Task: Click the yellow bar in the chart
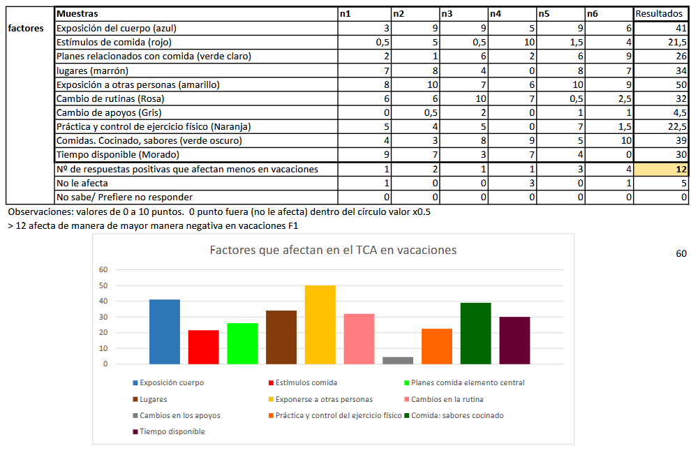pyautogui.click(x=320, y=325)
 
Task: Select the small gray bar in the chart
pyautogui.click(x=398, y=360)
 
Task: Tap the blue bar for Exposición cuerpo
pyautogui.click(x=165, y=331)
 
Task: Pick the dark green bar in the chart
pyautogui.click(x=475, y=334)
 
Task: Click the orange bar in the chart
pyautogui.click(x=437, y=346)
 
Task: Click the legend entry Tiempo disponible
pyautogui.click(x=169, y=432)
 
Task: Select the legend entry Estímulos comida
pyautogui.click(x=303, y=382)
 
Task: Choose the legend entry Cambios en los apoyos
pyautogui.click(x=177, y=415)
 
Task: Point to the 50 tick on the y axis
pyautogui.click(x=103, y=285)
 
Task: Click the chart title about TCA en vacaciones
pyautogui.click(x=333, y=251)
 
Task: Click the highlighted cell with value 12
pyautogui.click(x=661, y=169)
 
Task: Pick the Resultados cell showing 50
pyautogui.click(x=661, y=84)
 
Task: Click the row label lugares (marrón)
pyautogui.click(x=93, y=70)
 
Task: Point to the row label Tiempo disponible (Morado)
pyautogui.click(x=118, y=155)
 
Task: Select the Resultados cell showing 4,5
pyautogui.click(x=661, y=113)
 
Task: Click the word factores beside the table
pyautogui.click(x=26, y=28)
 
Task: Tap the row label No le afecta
pyautogui.click(x=82, y=184)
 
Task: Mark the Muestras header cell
pyautogui.click(x=196, y=14)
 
